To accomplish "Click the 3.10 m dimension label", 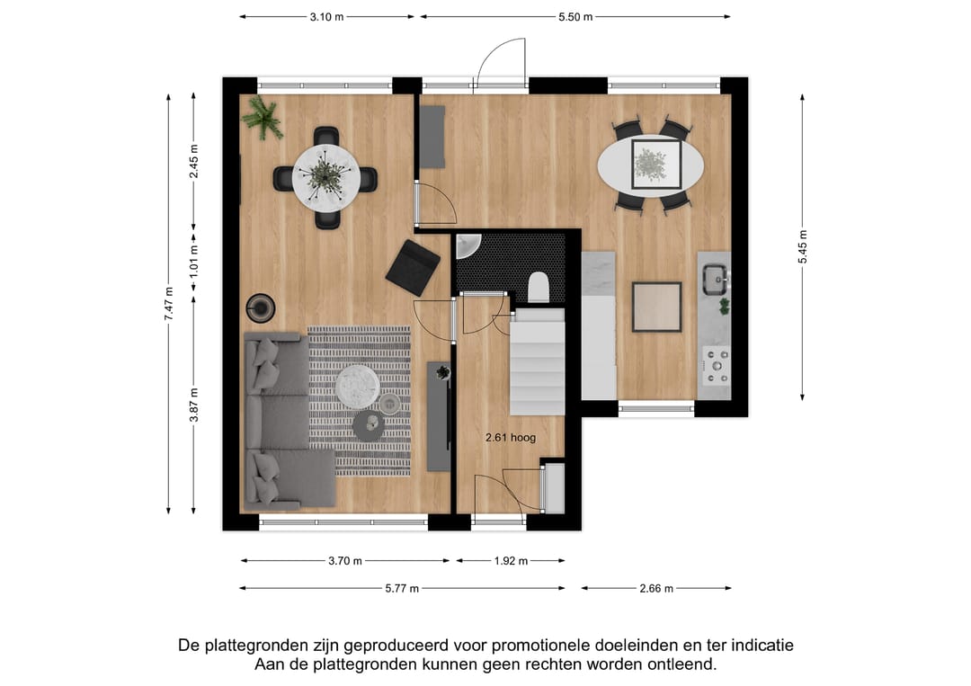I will (327, 17).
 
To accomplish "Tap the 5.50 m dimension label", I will (575, 17).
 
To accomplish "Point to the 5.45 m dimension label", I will (803, 246).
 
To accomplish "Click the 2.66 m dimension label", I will (655, 589).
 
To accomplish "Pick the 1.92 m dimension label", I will (511, 561).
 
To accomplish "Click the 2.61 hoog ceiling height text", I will (510, 438).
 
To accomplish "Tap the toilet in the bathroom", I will (539, 287).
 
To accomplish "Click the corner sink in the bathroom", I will (468, 245).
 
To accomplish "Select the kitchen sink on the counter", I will (715, 279).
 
